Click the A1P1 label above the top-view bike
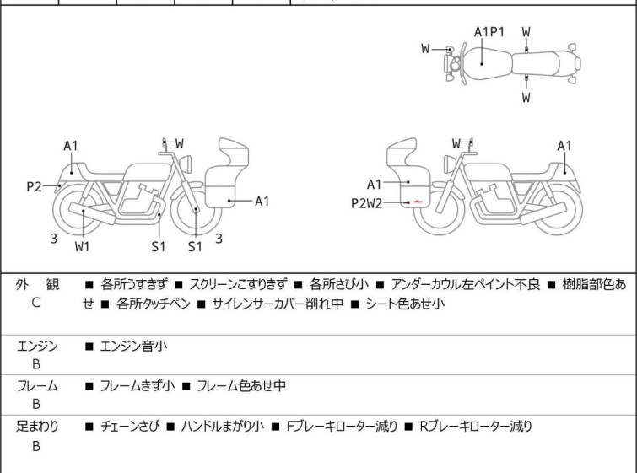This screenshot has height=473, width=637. click(489, 32)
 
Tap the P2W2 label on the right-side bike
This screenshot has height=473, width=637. click(366, 203)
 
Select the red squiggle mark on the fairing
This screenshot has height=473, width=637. click(418, 202)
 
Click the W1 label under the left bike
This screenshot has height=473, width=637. click(83, 246)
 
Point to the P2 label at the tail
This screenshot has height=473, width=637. click(34, 187)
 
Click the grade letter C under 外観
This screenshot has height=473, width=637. click(36, 303)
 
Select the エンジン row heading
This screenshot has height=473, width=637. click(37, 347)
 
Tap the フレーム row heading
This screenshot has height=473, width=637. click(37, 386)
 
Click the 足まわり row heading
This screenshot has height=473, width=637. click(37, 427)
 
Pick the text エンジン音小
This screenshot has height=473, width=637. click(133, 347)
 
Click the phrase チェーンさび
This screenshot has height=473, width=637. click(130, 427)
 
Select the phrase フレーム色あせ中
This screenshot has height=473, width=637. click(241, 385)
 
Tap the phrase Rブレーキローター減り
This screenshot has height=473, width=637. click(476, 427)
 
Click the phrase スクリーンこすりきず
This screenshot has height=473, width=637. click(239, 284)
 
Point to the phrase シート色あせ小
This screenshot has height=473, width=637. click(405, 304)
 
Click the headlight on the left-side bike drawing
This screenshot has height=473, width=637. click(186, 164)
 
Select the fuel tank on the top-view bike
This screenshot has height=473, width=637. click(488, 64)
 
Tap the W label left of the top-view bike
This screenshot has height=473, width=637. click(425, 49)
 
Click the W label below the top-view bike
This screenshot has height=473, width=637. click(526, 98)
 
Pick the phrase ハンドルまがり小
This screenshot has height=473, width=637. click(223, 427)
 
